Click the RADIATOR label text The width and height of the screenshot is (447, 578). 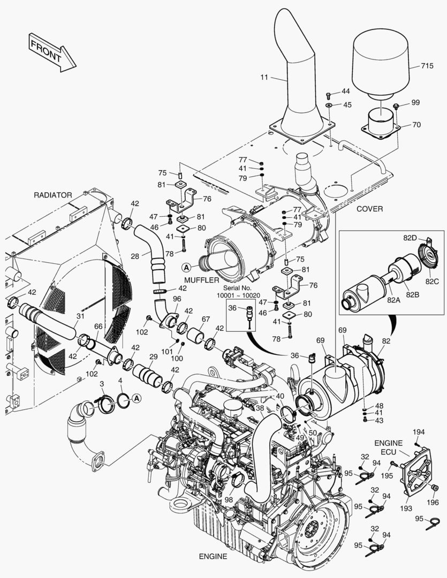tap(52, 195)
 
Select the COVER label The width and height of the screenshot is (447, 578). tap(369, 209)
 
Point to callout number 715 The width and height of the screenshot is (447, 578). tap(427, 66)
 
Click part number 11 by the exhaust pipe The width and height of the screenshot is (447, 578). tap(264, 78)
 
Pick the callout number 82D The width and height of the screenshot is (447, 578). tap(410, 238)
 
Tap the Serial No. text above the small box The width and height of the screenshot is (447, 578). tap(238, 288)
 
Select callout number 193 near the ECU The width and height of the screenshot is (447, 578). tap(405, 507)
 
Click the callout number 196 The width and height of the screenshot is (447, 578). tap(433, 503)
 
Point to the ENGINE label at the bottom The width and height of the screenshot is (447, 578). tap(213, 556)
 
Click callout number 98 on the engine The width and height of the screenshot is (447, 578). tap(229, 499)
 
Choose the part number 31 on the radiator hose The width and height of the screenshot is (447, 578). tap(80, 316)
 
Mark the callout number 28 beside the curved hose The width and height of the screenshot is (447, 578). tap(135, 256)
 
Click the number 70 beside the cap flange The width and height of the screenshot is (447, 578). tap(416, 125)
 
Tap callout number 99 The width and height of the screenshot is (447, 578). tap(415, 102)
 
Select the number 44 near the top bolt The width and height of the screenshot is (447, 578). tap(345, 92)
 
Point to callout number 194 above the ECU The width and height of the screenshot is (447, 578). tap(418, 431)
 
